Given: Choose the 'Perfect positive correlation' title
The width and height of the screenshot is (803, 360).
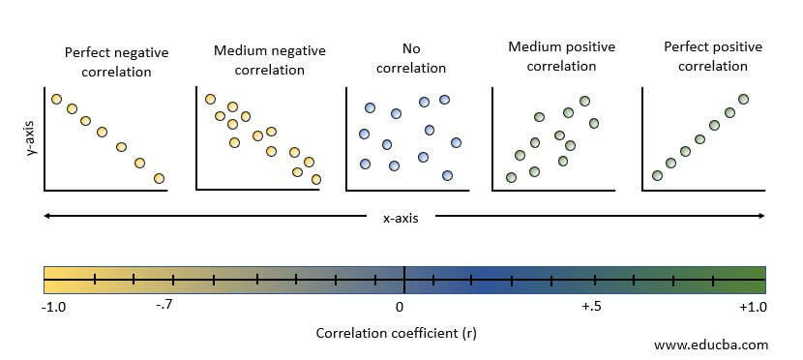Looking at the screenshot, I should point(712,56).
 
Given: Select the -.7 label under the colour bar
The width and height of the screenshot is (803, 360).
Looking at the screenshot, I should point(164,307).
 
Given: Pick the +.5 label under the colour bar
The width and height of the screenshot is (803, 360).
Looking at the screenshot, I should point(592,307).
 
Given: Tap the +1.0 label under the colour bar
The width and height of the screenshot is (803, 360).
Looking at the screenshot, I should point(752,307).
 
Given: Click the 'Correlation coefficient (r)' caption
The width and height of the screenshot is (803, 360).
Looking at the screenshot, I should point(396,333).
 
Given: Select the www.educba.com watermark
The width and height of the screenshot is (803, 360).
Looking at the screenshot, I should point(711,344).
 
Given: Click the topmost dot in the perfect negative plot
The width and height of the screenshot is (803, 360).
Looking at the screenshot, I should point(56,99).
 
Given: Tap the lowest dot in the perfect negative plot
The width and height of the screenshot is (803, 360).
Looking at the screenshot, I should point(159,178).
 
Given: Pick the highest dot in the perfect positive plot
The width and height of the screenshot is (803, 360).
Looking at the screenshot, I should point(743,99).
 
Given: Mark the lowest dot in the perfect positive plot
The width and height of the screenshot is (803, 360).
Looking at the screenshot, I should point(657,175).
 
